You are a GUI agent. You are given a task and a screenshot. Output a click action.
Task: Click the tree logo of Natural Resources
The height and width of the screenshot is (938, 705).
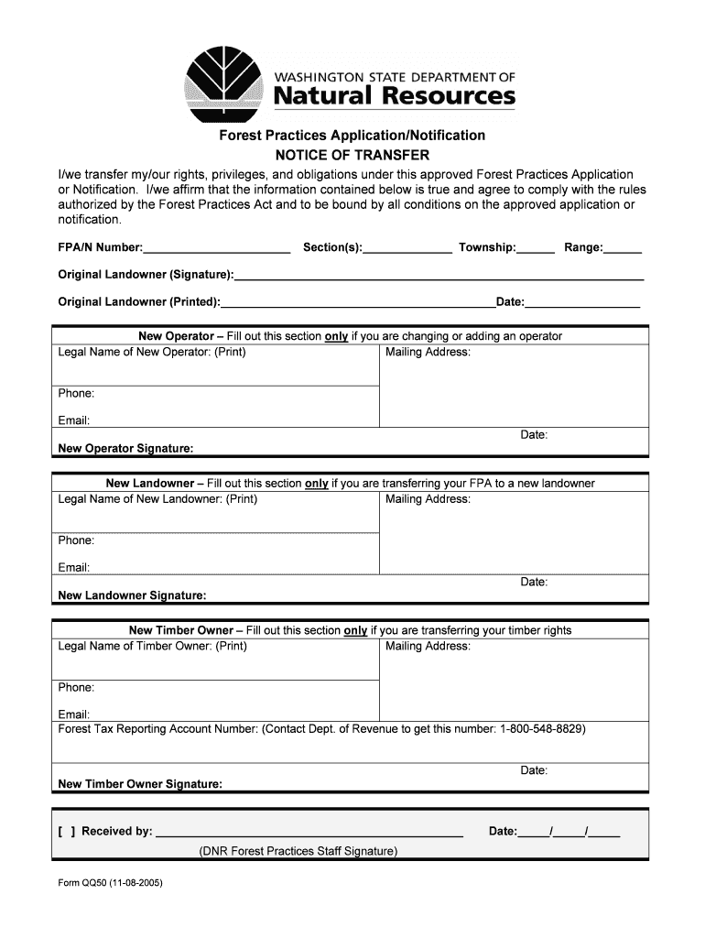point(225,81)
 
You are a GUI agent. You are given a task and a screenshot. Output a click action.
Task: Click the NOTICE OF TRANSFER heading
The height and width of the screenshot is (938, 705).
point(352,155)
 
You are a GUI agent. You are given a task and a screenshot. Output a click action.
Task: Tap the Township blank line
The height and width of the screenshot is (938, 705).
point(537,248)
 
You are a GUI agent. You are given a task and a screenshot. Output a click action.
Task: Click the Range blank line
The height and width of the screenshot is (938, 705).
point(623,248)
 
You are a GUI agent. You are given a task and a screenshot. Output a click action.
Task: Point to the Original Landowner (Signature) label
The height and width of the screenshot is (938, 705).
point(146,275)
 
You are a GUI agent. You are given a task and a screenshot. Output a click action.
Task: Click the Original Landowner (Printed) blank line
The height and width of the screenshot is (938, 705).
point(358,302)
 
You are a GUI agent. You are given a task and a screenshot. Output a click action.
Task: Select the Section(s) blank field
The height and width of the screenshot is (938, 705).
point(407,248)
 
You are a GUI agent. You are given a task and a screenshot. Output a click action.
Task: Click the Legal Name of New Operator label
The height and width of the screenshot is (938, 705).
point(152,352)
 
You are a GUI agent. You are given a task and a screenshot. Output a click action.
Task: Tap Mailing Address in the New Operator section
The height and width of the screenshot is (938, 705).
point(428,352)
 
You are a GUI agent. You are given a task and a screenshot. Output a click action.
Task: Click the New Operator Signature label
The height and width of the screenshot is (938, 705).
point(125,449)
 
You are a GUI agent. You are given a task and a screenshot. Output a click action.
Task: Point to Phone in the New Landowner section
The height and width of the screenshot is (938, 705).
point(77,540)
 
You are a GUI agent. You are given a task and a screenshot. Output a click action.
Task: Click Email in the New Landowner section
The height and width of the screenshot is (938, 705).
point(74,568)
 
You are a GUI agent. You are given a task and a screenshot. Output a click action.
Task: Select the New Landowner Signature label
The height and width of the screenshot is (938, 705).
point(132,595)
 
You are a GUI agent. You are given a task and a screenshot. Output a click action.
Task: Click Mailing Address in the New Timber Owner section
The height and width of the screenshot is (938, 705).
point(428,646)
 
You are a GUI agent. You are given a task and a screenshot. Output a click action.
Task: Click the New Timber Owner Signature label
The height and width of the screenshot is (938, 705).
point(140,784)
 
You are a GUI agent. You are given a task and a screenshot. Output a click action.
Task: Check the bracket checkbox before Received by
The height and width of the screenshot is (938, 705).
point(66,832)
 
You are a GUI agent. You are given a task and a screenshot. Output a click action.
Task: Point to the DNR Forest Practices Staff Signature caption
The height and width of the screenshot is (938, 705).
point(298,851)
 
